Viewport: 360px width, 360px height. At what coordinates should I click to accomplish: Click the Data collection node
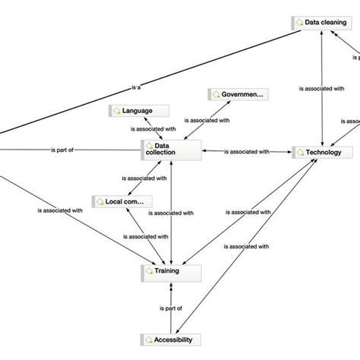171,150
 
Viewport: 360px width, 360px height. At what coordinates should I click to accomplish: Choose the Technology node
322,152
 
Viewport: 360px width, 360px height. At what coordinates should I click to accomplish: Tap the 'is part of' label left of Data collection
62,150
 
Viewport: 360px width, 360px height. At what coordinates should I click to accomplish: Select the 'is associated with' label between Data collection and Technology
247,152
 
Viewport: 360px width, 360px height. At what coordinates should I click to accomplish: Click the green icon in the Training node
148,270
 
